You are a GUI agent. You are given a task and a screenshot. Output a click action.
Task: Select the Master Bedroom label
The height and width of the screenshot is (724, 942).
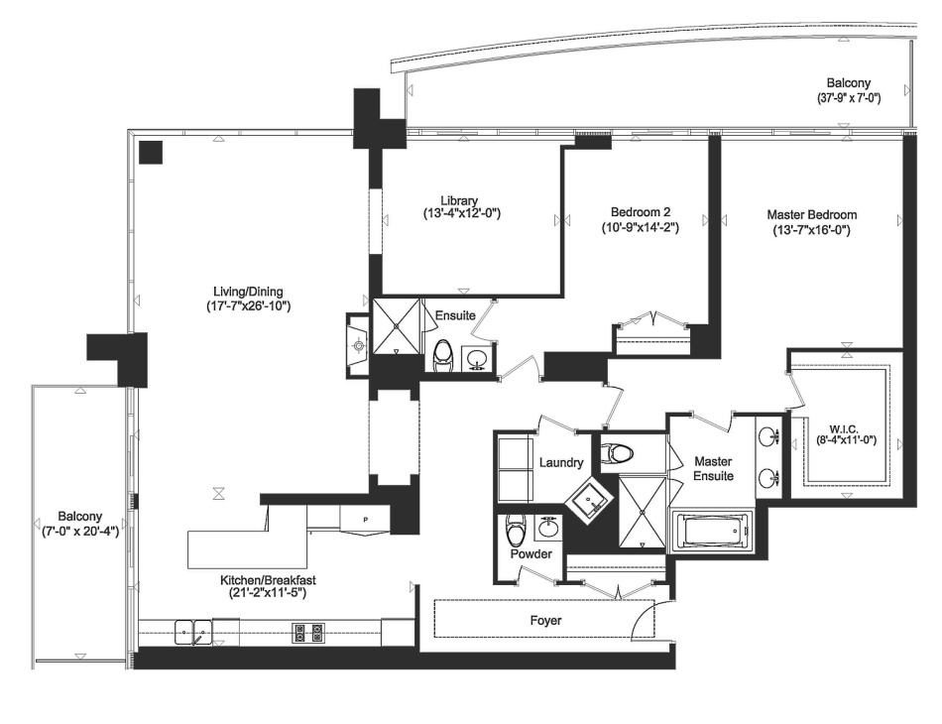click(811, 214)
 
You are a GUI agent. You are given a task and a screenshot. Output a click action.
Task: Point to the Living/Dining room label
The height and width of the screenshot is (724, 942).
click(248, 292)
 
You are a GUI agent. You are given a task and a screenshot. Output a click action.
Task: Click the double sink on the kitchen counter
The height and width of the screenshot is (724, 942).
click(193, 630)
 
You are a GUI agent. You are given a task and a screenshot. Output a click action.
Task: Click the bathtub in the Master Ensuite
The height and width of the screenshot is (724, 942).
click(711, 532)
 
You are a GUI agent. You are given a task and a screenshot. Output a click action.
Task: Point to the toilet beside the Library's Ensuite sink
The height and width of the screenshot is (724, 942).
click(444, 355)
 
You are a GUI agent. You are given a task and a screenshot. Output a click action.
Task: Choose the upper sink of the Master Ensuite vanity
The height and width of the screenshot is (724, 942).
click(767, 435)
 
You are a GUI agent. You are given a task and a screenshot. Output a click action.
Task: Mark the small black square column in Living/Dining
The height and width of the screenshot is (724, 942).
click(151, 152)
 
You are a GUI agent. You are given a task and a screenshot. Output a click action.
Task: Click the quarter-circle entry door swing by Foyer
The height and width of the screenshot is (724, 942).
click(643, 622)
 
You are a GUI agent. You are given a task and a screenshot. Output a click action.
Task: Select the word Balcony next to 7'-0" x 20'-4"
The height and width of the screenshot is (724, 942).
click(78, 517)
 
